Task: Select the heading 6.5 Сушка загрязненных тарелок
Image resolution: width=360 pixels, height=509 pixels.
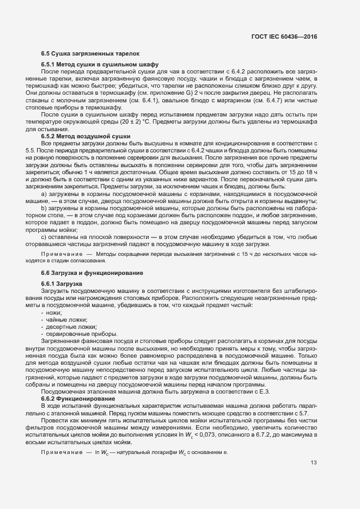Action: pyautogui.click(x=90, y=54)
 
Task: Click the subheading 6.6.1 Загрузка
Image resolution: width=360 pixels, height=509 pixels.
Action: pyautogui.click(x=62, y=284)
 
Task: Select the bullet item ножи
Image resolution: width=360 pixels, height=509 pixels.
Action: pyautogui.click(x=54, y=312)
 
